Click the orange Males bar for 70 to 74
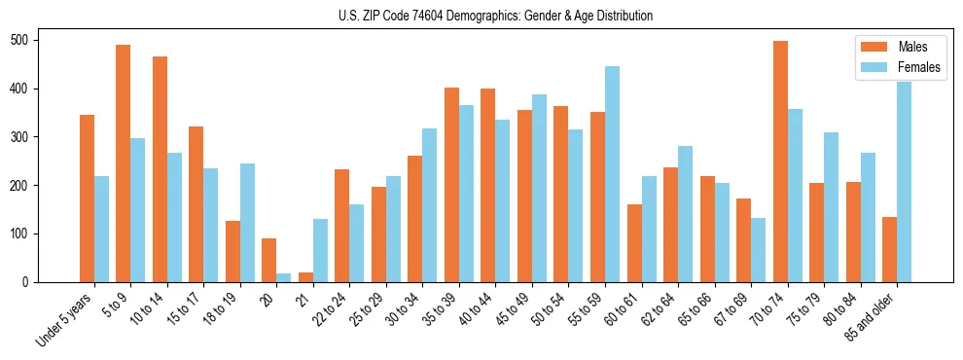coord(780,162)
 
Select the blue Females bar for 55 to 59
coord(612,174)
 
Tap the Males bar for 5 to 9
coord(124,163)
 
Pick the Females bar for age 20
coord(284,277)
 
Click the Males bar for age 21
coord(305,277)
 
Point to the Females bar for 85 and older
coord(904,182)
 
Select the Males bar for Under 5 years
coord(87,198)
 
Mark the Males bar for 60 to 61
coord(634,243)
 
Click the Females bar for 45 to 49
coord(539,188)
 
